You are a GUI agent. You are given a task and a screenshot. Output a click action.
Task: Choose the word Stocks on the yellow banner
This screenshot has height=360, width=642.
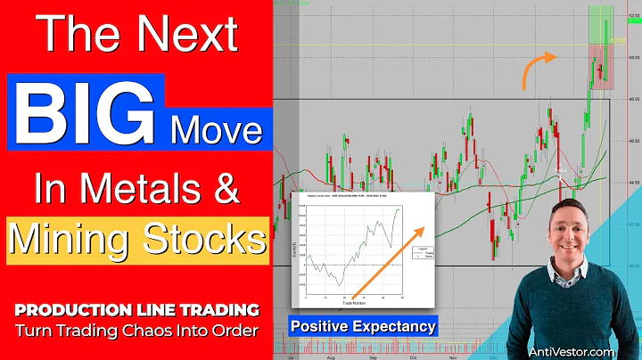tap(204, 238)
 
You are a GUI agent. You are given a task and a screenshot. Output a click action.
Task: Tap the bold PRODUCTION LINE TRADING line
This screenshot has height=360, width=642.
tap(136, 309)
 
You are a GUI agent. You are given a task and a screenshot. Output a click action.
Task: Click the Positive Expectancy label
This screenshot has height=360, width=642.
tap(363, 327)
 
